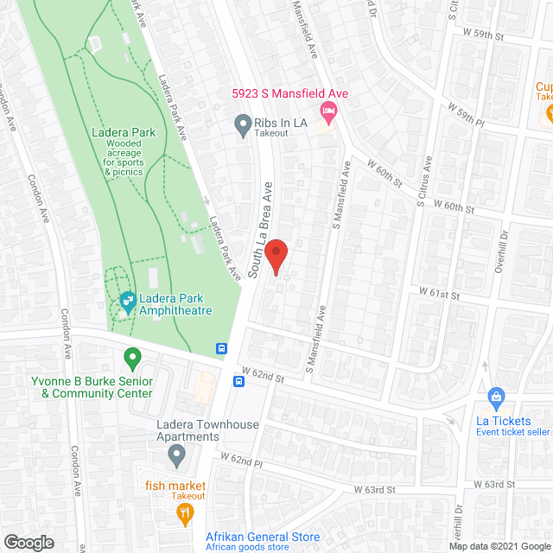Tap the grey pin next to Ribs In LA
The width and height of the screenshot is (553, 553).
[244, 124]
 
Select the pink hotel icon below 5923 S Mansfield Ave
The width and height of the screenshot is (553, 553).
[327, 111]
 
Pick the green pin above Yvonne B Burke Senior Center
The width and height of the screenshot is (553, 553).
[132, 356]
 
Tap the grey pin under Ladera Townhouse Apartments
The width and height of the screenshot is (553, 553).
[176, 454]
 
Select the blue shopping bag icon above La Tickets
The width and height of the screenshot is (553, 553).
[496, 397]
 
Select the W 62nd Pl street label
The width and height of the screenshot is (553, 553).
[240, 461]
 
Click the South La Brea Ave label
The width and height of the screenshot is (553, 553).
[260, 229]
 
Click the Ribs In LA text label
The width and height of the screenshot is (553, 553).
[281, 123]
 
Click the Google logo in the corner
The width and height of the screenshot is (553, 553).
[29, 542]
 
